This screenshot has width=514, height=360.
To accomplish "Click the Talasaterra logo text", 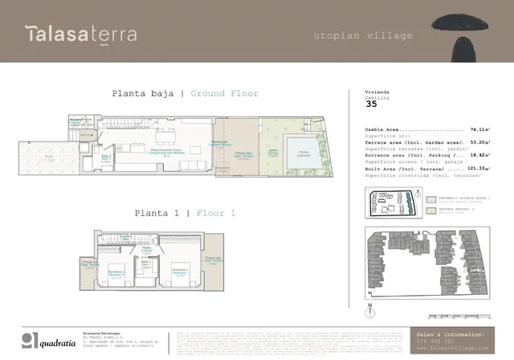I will click(80, 34).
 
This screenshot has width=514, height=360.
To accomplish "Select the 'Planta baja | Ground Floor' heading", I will click(185, 94).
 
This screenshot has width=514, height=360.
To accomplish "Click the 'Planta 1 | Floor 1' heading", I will click(185, 213).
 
